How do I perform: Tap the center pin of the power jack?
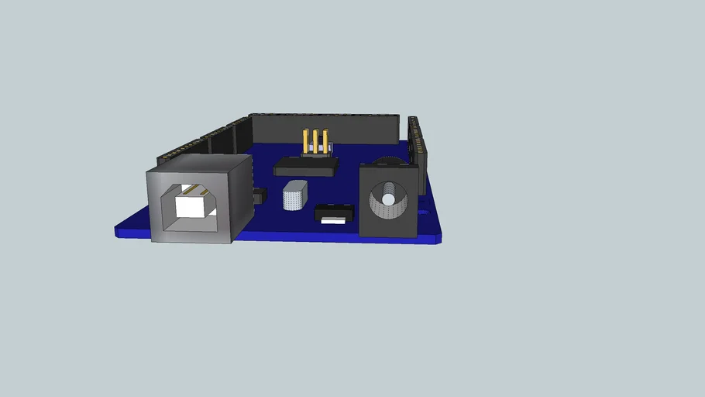click(x=387, y=200)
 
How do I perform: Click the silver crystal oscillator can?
click(x=294, y=195)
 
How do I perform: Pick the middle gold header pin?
click(x=316, y=140)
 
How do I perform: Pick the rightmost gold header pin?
click(x=325, y=140)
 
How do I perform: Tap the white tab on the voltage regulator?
click(x=333, y=220)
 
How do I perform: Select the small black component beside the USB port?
click(x=260, y=196)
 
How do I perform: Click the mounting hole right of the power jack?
click(x=422, y=209)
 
